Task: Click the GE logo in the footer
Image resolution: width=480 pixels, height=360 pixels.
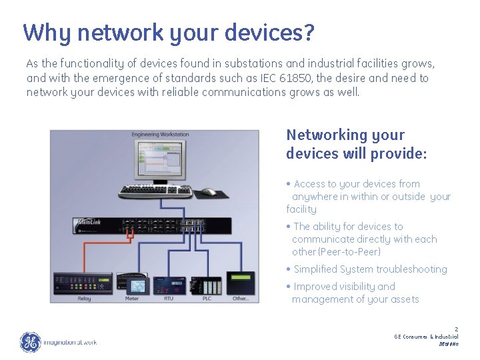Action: pyautogui.click(x=30, y=342)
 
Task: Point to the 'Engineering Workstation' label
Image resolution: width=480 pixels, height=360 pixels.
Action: pyautogui.click(x=160, y=135)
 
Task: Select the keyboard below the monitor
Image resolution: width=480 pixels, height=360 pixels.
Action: pyautogui.click(x=155, y=192)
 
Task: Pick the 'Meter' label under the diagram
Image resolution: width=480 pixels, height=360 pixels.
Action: pyautogui.click(x=132, y=299)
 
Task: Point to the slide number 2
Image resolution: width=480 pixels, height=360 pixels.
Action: pyautogui.click(x=456, y=329)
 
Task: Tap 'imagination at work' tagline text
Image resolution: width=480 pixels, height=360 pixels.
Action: pyautogui.click(x=70, y=343)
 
